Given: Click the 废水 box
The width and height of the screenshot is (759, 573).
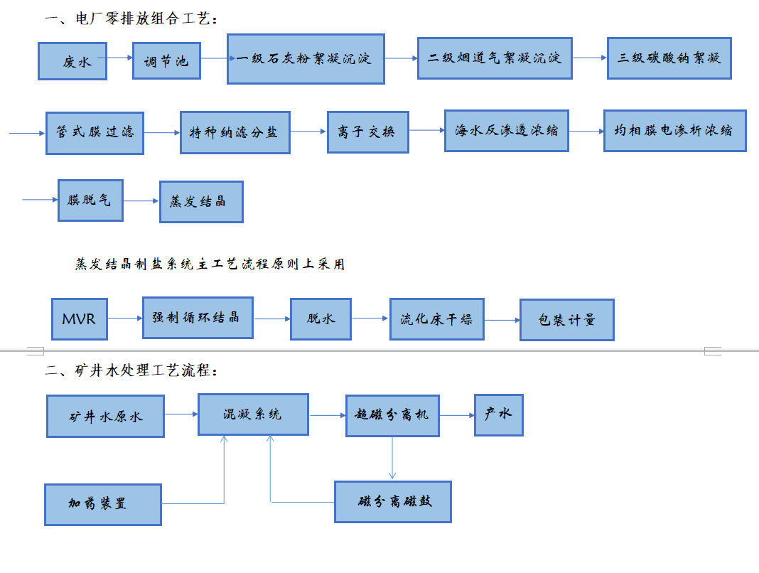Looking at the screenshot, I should (x=73, y=61).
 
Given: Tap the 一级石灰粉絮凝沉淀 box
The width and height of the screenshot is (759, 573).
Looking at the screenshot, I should (x=306, y=58).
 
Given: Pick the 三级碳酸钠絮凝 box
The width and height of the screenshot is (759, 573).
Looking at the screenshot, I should (x=669, y=58).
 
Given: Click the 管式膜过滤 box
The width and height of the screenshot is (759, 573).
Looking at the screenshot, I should (x=95, y=132).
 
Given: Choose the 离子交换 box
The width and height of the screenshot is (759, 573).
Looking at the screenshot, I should (x=367, y=132).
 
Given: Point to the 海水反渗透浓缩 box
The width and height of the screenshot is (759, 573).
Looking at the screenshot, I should (x=507, y=131).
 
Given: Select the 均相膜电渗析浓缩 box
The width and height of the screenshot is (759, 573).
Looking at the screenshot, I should (x=674, y=131).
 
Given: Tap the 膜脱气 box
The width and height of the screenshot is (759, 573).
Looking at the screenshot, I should (x=90, y=200).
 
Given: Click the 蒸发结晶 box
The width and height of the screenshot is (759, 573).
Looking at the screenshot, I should (x=201, y=201).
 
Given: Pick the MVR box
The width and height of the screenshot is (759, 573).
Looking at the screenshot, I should (x=78, y=319).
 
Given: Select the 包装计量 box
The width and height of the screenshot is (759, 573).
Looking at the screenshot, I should (x=566, y=320).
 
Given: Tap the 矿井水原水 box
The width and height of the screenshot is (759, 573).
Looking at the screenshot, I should (x=105, y=416).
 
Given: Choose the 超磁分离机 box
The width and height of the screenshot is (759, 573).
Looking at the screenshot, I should (x=392, y=414).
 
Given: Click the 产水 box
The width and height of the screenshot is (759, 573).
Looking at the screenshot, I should (x=499, y=414).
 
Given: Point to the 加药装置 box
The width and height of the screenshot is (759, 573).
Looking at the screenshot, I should (x=103, y=504).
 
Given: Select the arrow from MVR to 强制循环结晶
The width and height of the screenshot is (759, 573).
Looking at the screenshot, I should (x=124, y=318).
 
